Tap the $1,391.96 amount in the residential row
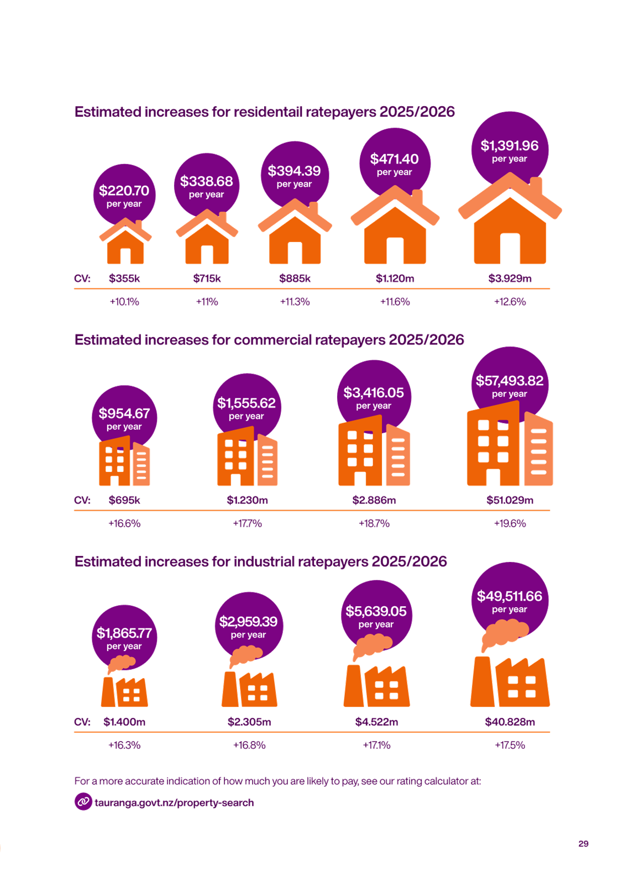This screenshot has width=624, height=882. coord(510,146)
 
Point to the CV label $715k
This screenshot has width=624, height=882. coord(207,279)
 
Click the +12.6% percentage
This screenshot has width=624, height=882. coord(510,302)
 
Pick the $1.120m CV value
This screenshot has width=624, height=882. coord(395,279)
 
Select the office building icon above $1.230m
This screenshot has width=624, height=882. coord(247,456)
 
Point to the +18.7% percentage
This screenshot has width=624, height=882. coord(374,524)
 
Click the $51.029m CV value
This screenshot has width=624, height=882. coord(510,501)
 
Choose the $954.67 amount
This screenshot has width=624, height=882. coord(124,413)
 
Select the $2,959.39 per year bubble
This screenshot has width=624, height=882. coord(249,625)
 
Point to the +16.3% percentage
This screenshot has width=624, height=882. coord(124,746)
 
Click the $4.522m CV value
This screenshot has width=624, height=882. coord(377,722)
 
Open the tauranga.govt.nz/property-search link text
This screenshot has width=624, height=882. coord(174,803)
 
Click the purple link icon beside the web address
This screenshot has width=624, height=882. coord(83,801)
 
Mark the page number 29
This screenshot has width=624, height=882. coord(584,844)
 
